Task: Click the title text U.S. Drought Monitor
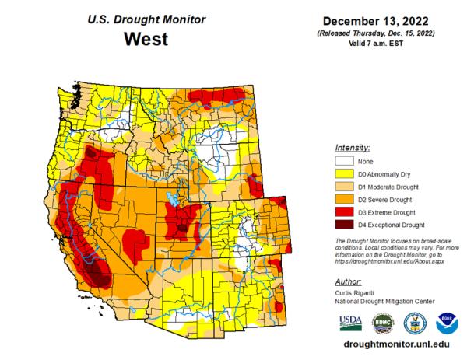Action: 148,16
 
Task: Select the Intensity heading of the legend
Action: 352,147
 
